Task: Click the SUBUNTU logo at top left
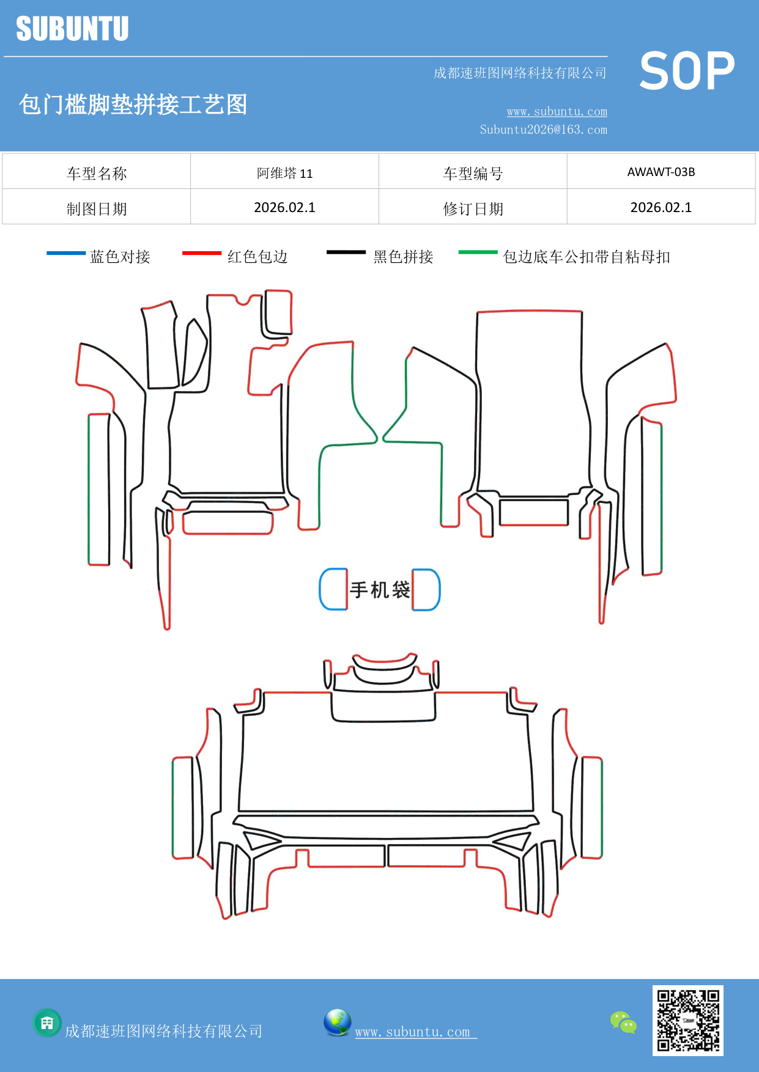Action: point(72,29)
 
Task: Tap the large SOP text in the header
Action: point(687,71)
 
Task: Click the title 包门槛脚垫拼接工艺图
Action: point(133,105)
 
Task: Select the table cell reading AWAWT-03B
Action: point(661,172)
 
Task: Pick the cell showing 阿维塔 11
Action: point(284,173)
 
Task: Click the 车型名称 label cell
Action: point(97,173)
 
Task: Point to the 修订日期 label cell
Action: point(473,208)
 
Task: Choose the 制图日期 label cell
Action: point(97,208)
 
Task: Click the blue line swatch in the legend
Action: point(66,252)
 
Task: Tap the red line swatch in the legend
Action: point(202,252)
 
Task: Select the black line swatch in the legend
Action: point(346,252)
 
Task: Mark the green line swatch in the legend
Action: point(478,252)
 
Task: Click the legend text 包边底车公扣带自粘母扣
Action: point(586,257)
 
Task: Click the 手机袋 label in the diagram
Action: point(380,590)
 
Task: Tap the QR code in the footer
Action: point(687,1020)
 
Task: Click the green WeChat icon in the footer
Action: point(623,1022)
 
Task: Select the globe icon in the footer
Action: point(337,1022)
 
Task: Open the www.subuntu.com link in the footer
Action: point(413,1032)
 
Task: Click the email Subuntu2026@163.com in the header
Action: point(543,130)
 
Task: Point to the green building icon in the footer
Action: point(47,1022)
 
